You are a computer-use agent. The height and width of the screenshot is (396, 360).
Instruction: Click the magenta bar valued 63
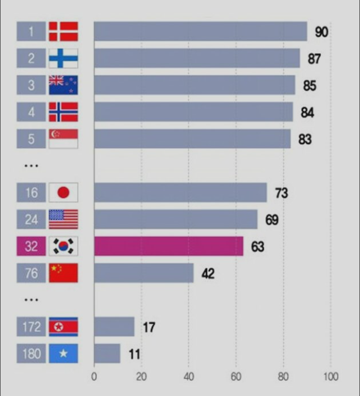click(168, 247)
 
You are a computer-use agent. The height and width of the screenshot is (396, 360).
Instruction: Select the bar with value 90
click(200, 32)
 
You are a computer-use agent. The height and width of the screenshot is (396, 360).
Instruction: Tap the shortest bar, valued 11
click(107, 354)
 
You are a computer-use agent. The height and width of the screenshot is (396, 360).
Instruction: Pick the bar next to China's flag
click(144, 273)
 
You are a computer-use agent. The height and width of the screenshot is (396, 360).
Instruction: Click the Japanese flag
click(63, 193)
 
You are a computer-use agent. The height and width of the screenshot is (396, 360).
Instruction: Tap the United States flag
click(63, 219)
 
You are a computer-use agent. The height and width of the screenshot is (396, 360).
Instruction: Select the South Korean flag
click(63, 247)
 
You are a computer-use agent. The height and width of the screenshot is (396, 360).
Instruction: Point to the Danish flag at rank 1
click(63, 32)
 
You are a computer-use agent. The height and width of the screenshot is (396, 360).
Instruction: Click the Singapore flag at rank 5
click(63, 139)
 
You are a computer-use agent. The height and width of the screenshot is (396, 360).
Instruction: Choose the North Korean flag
click(63, 327)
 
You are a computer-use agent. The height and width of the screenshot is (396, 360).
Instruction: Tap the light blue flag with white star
click(63, 354)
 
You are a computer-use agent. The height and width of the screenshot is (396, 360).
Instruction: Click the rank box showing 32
click(31, 247)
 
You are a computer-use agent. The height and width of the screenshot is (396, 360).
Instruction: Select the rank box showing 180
click(31, 354)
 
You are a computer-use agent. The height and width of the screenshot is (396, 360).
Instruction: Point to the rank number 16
click(31, 193)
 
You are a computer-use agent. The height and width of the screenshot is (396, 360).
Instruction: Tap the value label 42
click(208, 274)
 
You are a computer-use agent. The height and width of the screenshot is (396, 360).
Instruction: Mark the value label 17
click(149, 327)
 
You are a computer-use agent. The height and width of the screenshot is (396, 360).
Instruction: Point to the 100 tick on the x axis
click(331, 377)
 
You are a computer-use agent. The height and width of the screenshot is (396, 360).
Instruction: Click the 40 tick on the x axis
click(188, 377)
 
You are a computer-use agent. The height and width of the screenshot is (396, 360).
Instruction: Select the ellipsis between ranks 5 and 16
click(31, 166)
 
